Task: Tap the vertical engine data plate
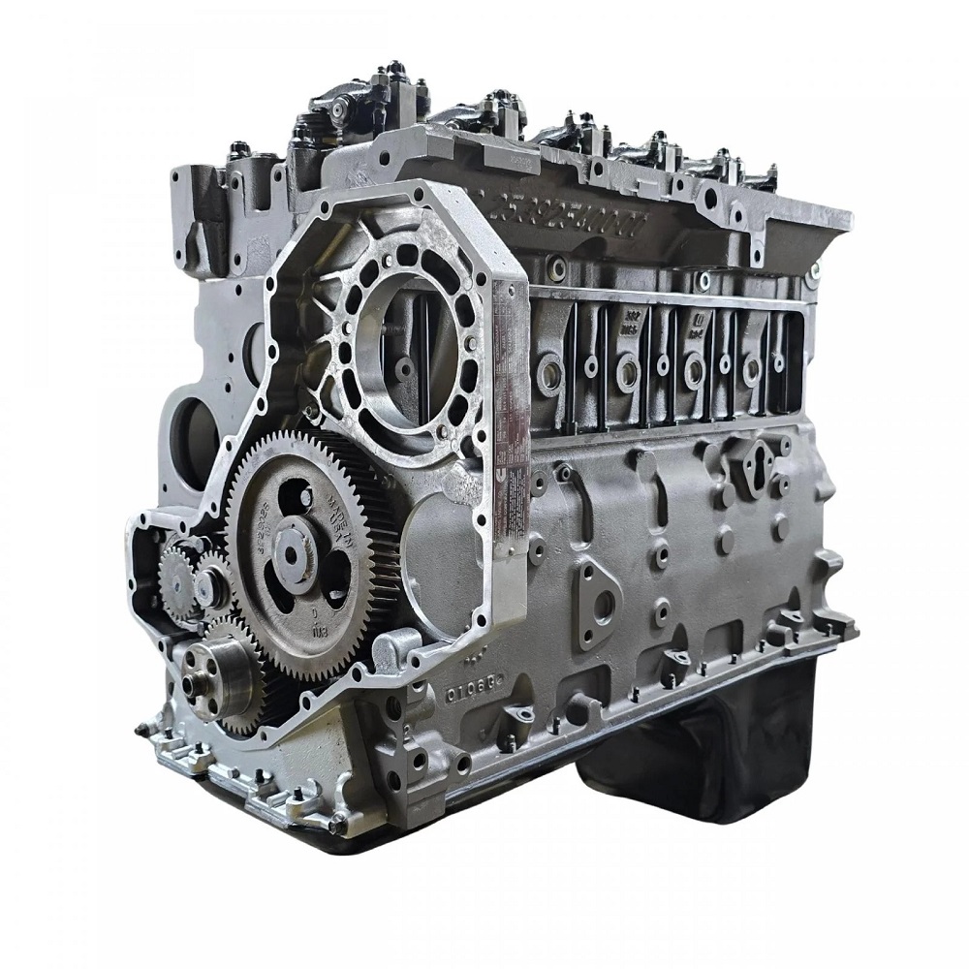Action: click(x=511, y=417)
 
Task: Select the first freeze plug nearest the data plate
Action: click(x=550, y=374)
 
